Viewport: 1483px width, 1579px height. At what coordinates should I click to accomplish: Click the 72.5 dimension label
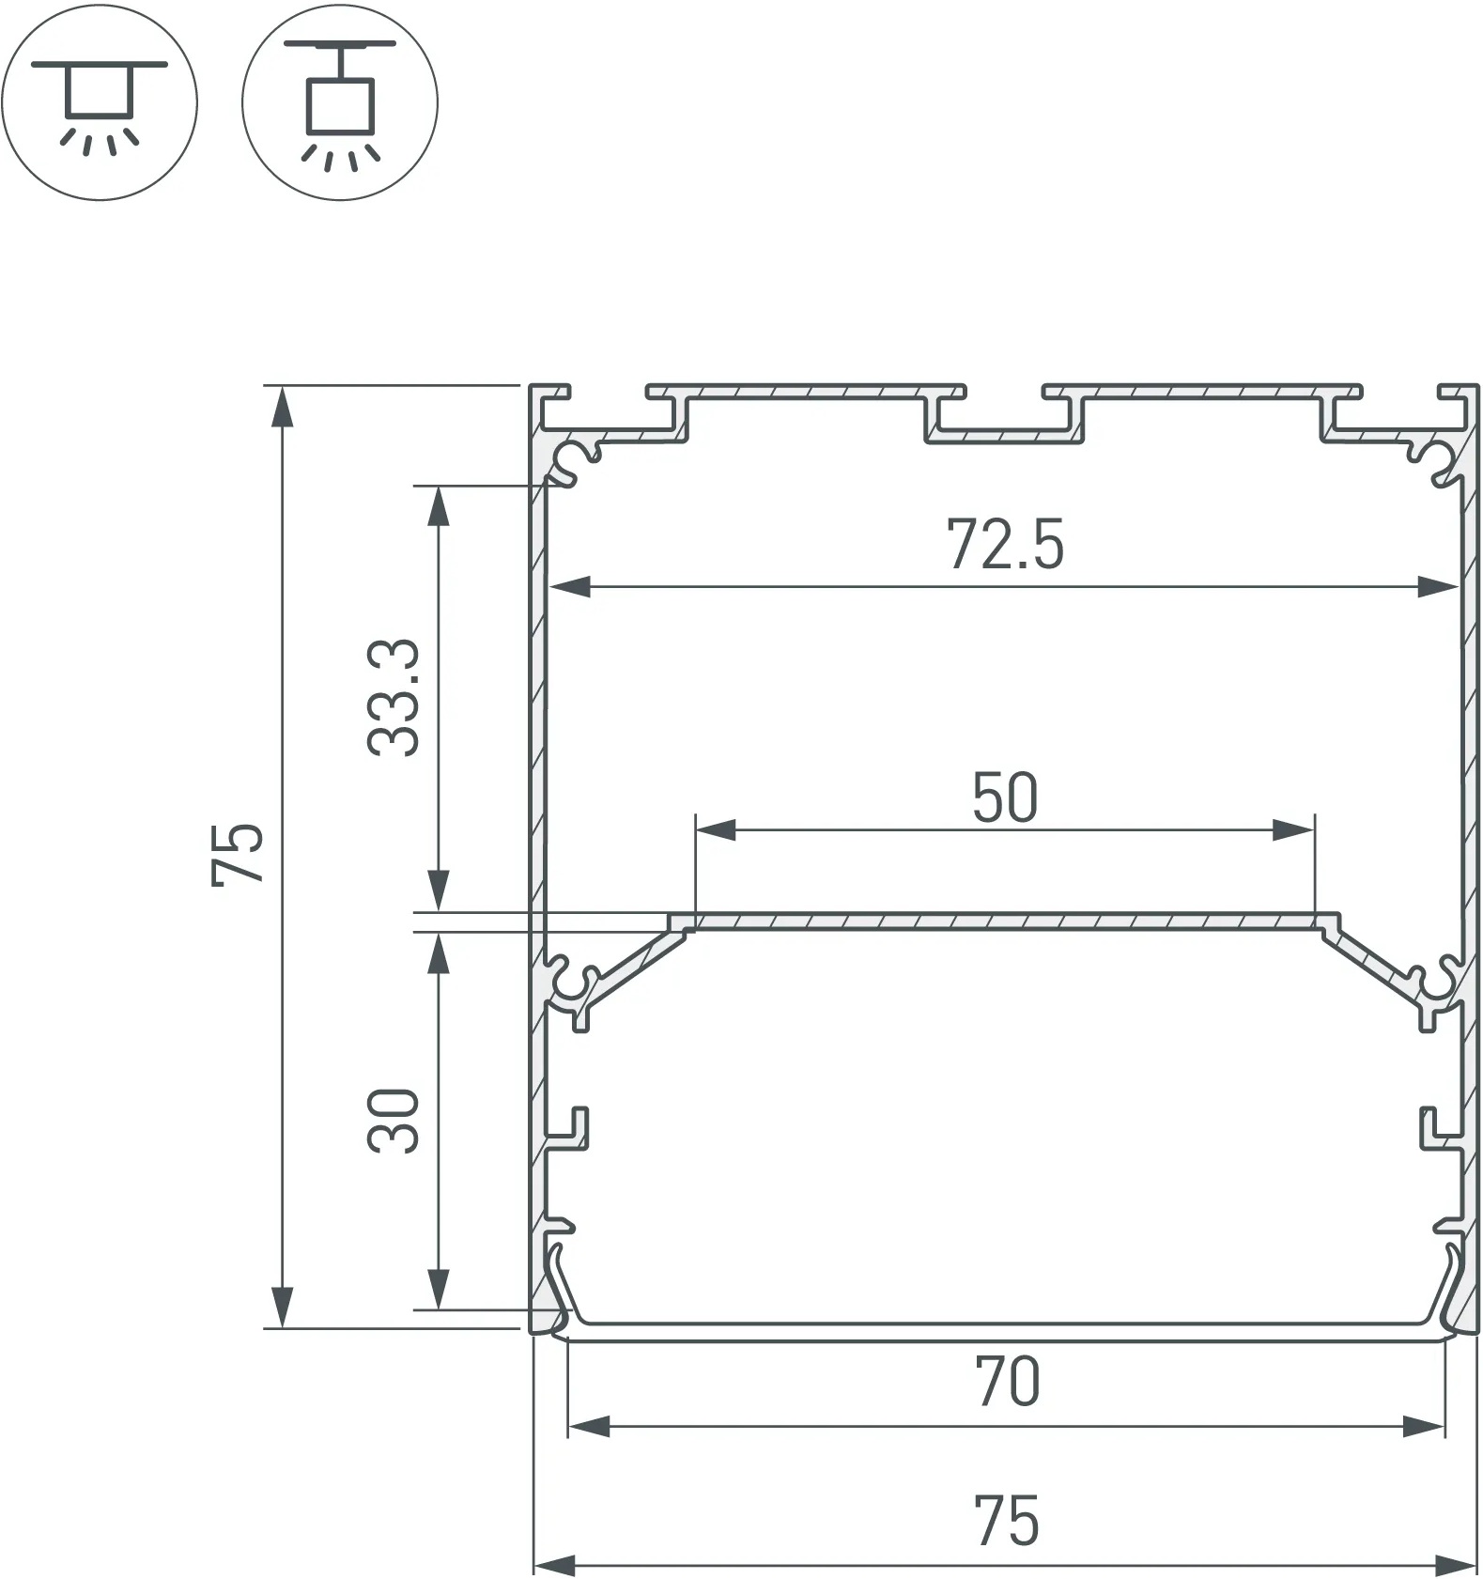(x=1004, y=545)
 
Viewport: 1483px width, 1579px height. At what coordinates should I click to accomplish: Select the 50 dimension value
(x=1004, y=797)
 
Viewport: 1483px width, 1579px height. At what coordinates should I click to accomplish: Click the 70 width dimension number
(x=1007, y=1381)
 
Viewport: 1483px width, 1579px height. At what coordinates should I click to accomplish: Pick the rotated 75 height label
(x=237, y=854)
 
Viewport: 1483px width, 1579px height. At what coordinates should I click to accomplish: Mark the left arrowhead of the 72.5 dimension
(x=569, y=588)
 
